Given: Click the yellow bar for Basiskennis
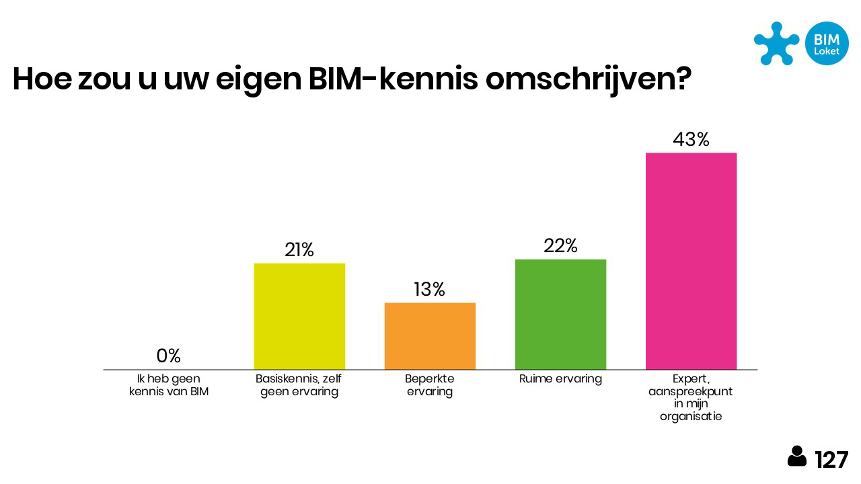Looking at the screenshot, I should [x=299, y=316].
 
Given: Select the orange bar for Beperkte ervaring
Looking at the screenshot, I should [x=430, y=336].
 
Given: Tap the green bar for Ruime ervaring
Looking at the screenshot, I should [x=560, y=314].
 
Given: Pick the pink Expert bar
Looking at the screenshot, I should [x=691, y=261].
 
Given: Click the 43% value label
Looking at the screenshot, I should [x=691, y=139].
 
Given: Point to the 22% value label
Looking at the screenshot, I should [x=560, y=246].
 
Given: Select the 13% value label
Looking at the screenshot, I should [x=430, y=289].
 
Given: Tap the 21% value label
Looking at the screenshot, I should [x=299, y=250].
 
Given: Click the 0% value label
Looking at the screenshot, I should [x=168, y=356].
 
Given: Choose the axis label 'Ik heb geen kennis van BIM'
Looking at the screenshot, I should [x=168, y=385].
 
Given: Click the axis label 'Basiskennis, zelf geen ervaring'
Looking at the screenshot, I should [x=299, y=385].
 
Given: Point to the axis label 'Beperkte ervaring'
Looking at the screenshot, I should [x=430, y=385].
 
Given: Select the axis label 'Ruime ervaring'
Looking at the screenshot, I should [x=560, y=378].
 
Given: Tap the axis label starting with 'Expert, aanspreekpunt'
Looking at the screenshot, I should [x=691, y=397].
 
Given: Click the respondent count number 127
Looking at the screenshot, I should [x=831, y=460].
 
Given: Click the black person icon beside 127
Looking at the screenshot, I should [x=797, y=456].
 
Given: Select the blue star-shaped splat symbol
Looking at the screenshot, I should [x=776, y=42].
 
